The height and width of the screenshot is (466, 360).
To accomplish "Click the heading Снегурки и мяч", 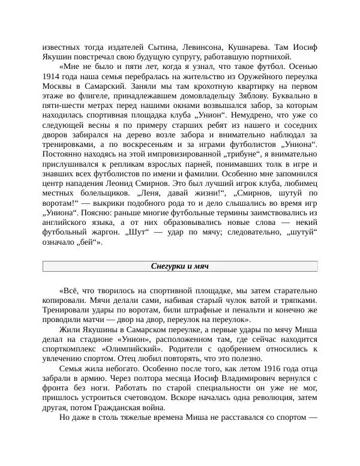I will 180,266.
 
